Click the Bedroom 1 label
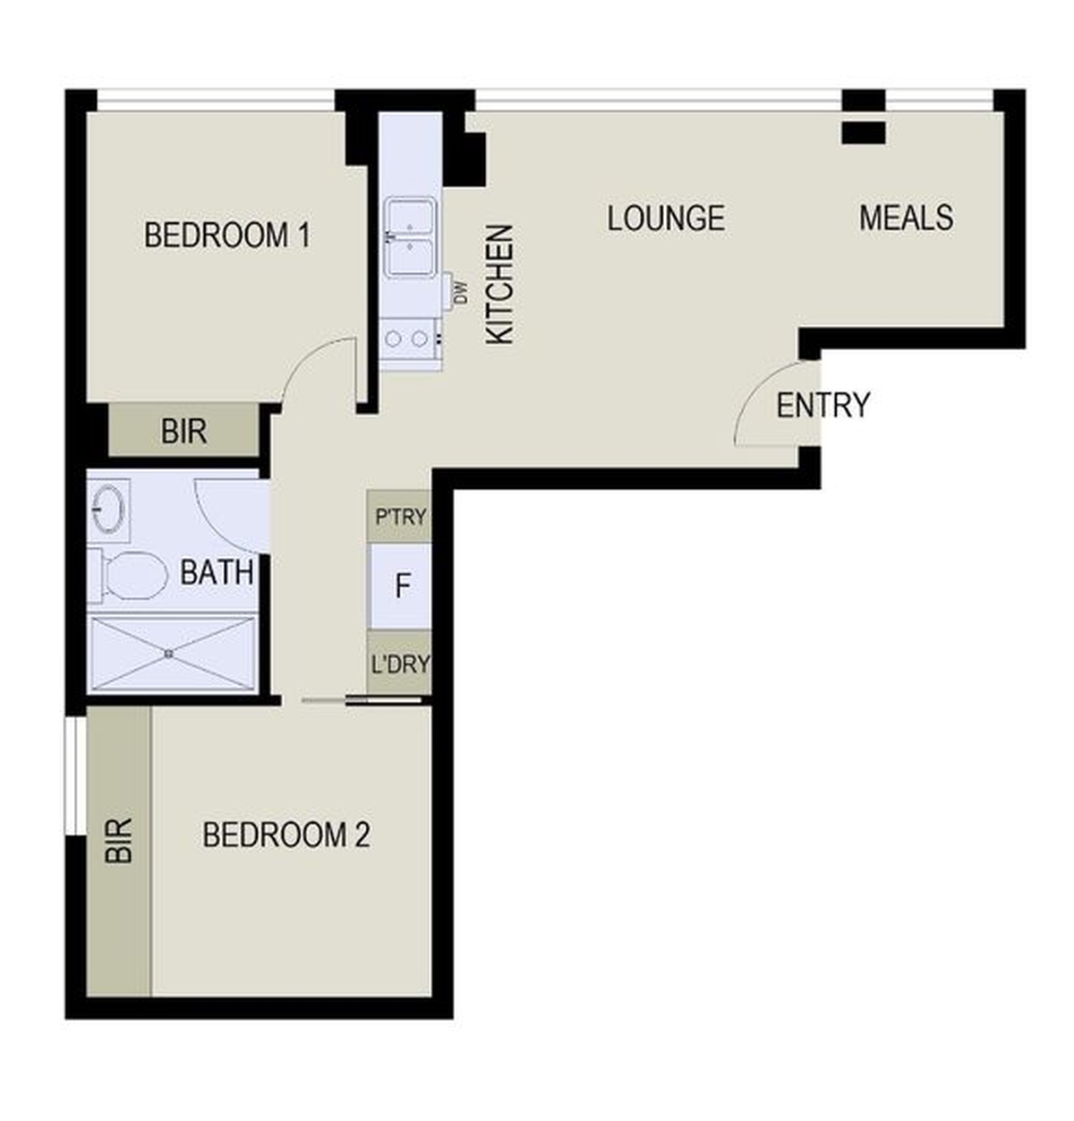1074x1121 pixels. click(x=227, y=235)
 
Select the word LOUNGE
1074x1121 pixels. click(x=666, y=218)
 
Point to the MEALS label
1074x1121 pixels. click(x=906, y=218)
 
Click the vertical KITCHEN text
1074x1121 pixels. click(x=499, y=285)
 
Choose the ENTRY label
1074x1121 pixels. click(x=823, y=405)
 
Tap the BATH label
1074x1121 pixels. click(x=217, y=573)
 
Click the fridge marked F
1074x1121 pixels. click(x=400, y=586)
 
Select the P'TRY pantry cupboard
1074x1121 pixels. click(x=400, y=517)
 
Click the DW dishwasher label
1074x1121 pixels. click(x=461, y=293)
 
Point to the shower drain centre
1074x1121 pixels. click(x=169, y=654)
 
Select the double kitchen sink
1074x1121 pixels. click(x=409, y=237)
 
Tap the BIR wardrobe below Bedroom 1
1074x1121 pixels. click(x=184, y=431)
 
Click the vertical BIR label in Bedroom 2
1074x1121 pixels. click(x=119, y=841)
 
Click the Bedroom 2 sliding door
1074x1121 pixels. click(x=362, y=700)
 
